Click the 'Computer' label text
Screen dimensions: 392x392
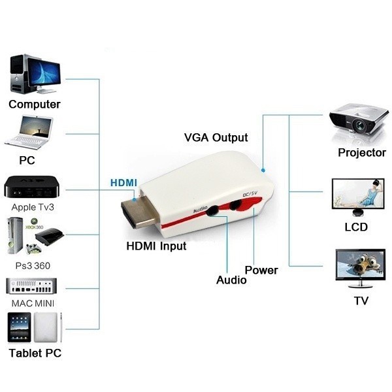[35, 104]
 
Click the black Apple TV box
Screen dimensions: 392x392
[33, 187]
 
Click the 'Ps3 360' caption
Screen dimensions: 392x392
[33, 265]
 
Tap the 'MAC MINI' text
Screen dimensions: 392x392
[33, 304]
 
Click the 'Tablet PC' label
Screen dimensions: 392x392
[35, 353]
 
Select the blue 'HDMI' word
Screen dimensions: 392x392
[123, 182]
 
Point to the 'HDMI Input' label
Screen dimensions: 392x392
[156, 246]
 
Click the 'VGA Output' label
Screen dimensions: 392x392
[216, 138]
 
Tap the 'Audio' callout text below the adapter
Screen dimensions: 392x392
[231, 280]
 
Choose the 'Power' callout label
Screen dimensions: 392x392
[261, 270]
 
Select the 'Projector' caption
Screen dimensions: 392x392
[362, 153]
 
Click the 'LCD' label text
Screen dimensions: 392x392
[356, 227]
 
